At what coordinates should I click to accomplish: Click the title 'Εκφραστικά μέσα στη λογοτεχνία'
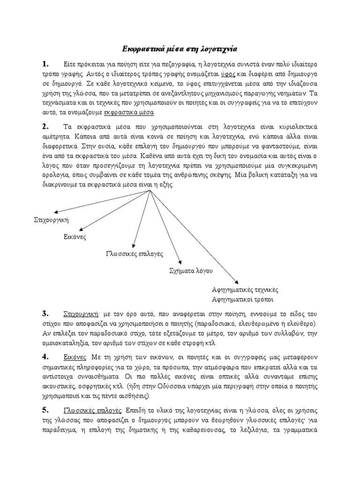tap(180, 48)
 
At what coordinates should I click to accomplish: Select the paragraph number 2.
tap(45, 127)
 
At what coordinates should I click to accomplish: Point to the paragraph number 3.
tap(45, 313)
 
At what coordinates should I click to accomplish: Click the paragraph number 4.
tap(45, 358)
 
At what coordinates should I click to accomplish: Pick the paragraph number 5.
tap(45, 410)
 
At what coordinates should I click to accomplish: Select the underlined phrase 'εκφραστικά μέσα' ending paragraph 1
tap(135, 113)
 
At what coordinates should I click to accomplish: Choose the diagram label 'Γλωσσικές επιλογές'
tap(134, 254)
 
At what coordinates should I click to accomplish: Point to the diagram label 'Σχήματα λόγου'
tap(191, 271)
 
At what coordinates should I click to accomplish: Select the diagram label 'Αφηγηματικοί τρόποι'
tap(242, 299)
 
